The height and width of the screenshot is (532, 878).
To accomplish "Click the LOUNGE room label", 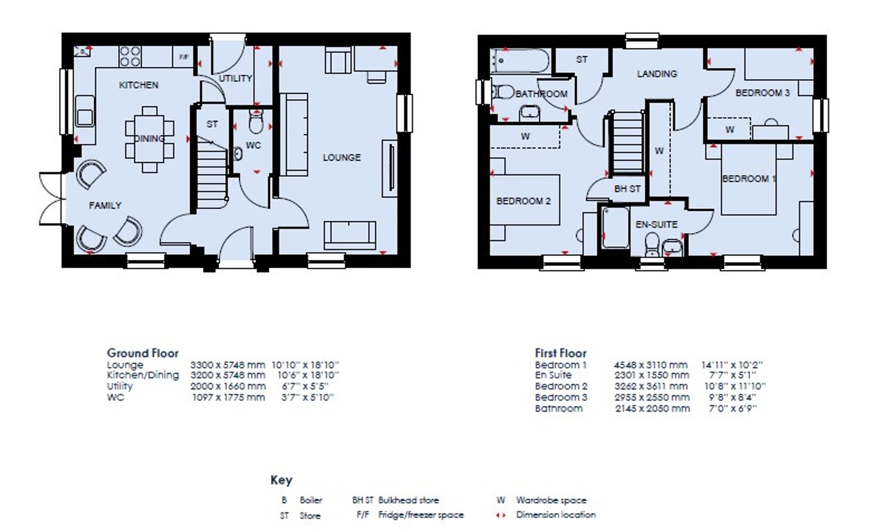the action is (x=342, y=157).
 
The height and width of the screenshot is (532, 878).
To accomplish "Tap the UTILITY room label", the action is (x=235, y=78).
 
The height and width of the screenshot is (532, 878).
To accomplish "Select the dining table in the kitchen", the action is (x=149, y=139).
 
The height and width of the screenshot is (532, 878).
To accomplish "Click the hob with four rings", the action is (x=130, y=57).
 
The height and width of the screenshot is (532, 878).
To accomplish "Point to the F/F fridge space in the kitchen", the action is (x=184, y=57).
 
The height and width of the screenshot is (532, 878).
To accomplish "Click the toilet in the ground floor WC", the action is (x=255, y=122).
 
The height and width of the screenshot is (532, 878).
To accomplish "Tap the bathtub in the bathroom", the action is (x=520, y=61).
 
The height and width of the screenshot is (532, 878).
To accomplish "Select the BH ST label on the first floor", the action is (x=627, y=189).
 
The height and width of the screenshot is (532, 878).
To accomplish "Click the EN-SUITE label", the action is (x=656, y=224).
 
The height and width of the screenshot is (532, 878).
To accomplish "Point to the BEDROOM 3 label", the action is (x=763, y=93).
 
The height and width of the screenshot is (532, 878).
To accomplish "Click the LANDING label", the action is (x=657, y=74).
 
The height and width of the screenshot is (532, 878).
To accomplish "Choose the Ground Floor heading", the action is (x=143, y=353).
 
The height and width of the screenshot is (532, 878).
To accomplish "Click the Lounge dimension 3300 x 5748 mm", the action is (x=227, y=365).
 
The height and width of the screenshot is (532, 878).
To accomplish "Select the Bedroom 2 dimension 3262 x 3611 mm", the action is (x=651, y=386).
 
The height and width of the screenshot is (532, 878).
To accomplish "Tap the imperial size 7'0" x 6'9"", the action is (x=733, y=408).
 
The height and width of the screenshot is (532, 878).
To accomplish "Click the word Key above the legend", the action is (x=281, y=480).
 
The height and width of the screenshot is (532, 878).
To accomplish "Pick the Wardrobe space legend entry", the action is (x=541, y=500).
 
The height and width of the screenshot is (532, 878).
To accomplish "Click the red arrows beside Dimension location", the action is (x=501, y=515).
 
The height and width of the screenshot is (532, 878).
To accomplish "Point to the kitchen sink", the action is (x=85, y=112).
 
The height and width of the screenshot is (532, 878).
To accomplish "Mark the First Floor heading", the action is (x=561, y=353).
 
